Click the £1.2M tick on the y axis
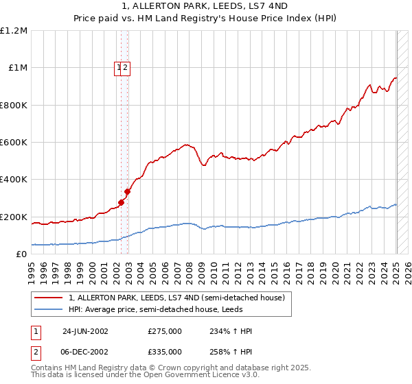coord(14,31)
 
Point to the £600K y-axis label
coord(14,143)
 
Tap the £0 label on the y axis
coord(21,254)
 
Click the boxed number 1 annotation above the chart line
coord(119,67)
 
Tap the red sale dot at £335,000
coord(127,192)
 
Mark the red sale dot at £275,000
coord(122,202)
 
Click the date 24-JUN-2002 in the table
coord(85,331)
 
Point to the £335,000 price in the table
coord(164,351)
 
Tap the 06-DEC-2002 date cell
coord(85,351)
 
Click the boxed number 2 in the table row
coord(35,351)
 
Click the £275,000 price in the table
coord(164,331)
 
